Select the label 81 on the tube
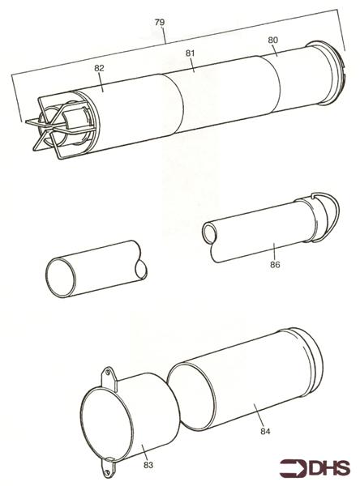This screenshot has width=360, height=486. tap(191, 53)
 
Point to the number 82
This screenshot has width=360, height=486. tap(100, 69)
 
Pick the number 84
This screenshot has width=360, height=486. tap(265, 431)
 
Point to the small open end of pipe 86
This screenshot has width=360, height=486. tap(210, 233)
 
